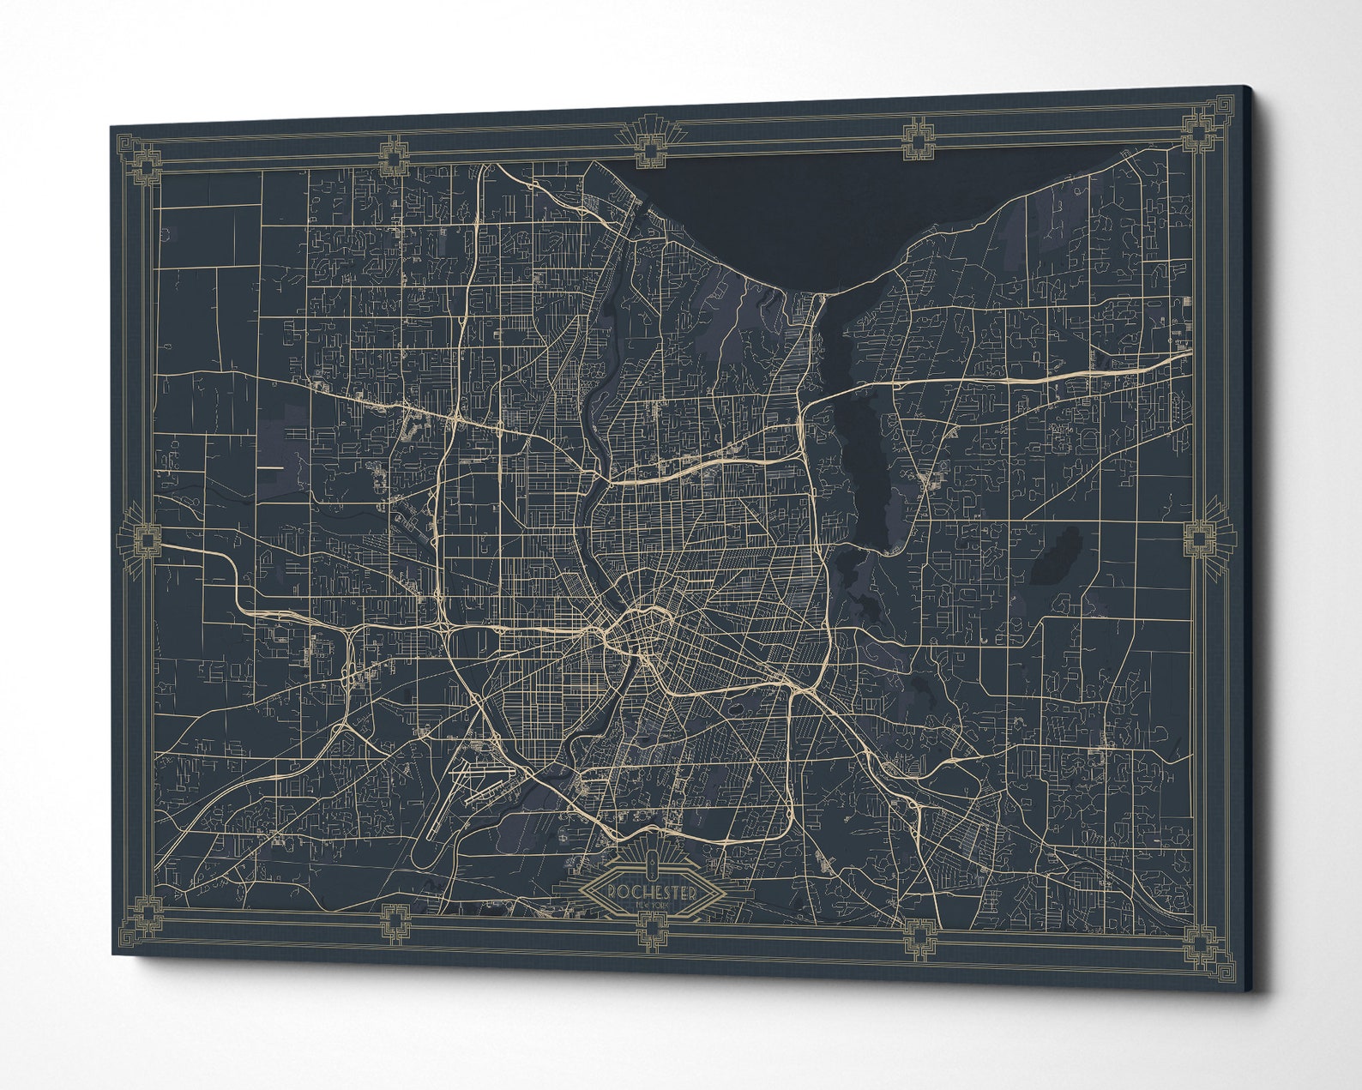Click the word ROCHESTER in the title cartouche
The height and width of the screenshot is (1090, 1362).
point(651,892)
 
